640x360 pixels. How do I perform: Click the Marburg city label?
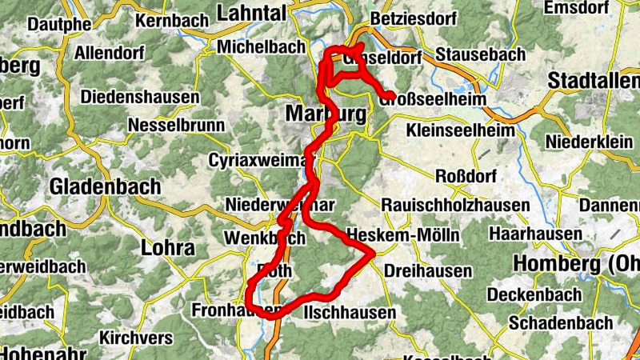tap(326, 114)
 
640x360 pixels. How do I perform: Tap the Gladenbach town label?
tap(105, 186)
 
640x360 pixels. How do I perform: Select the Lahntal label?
tap(252, 13)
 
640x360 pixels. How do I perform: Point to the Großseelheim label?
tap(430, 98)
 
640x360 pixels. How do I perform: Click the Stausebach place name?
tap(481, 55)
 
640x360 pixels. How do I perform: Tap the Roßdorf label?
tap(465, 176)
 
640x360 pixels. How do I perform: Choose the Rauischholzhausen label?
tap(455, 206)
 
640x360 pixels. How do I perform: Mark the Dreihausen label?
tap(428, 271)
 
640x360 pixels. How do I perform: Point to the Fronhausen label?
tap(238, 309)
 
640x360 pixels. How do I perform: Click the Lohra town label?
tap(167, 247)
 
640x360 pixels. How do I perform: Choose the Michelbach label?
tap(259, 46)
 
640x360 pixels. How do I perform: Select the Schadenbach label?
tap(560, 323)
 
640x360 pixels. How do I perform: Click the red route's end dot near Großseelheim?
tap(390, 97)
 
